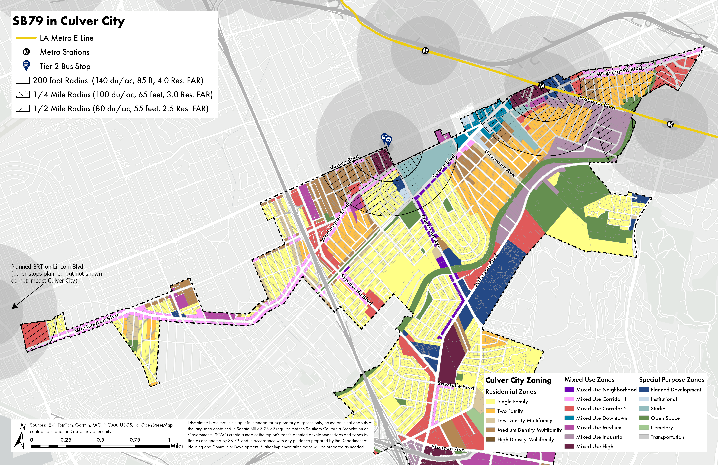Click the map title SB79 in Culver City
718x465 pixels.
pos(68,21)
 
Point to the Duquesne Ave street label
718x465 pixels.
pos(500,163)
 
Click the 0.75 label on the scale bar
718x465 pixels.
pos(135,440)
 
